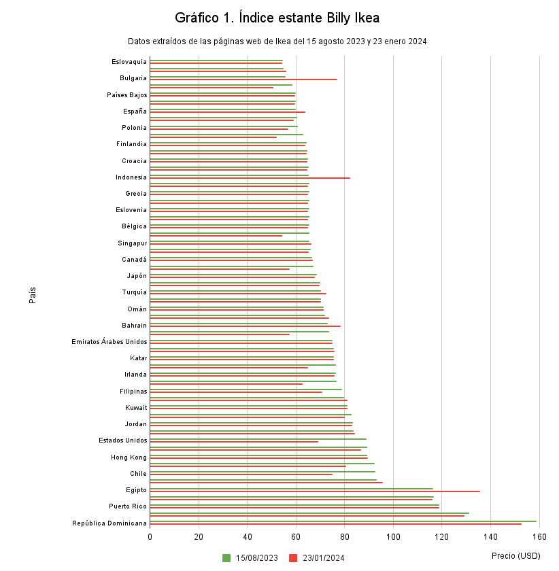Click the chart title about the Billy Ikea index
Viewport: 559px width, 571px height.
(x=277, y=18)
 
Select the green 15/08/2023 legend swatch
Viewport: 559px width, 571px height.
(x=226, y=558)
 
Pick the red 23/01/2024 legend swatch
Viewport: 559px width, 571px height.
(x=293, y=558)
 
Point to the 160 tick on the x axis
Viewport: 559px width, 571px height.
(x=539, y=537)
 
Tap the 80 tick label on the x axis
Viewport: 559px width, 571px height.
(x=345, y=537)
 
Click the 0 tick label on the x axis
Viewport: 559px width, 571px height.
(x=150, y=537)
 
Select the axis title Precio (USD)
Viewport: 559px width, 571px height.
(x=515, y=556)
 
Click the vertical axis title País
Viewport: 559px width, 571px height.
(x=33, y=294)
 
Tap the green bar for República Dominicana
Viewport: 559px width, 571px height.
(x=343, y=521)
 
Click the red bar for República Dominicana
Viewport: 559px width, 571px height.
(x=335, y=524)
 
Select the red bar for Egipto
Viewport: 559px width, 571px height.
(x=314, y=491)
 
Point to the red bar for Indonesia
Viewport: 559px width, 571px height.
(x=250, y=178)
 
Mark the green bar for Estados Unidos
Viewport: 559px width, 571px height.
(x=258, y=439)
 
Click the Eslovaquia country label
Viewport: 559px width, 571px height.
(x=129, y=62)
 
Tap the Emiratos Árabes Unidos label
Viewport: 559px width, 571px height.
(x=109, y=341)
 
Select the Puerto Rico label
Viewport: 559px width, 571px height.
(x=128, y=506)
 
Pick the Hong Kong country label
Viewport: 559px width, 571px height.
(x=129, y=457)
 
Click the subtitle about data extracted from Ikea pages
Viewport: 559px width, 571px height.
(x=277, y=41)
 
